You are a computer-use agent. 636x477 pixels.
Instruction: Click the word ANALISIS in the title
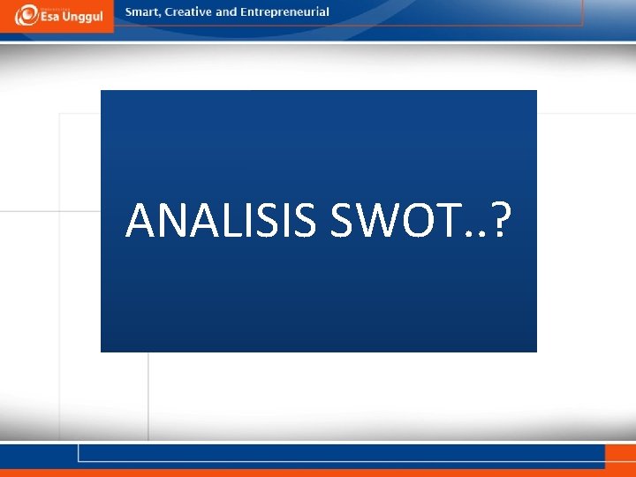click(221, 220)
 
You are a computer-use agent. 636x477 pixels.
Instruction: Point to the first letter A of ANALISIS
click(141, 220)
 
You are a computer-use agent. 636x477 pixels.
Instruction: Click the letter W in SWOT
click(375, 220)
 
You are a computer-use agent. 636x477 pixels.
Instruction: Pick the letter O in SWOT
click(417, 220)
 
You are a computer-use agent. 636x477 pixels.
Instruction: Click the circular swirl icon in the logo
click(26, 15)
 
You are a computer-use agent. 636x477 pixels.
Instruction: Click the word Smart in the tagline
click(143, 12)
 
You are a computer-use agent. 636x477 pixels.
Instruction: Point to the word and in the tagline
click(227, 12)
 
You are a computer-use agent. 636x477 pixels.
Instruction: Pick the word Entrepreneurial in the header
click(285, 12)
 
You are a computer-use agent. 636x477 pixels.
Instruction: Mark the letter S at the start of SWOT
click(342, 220)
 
